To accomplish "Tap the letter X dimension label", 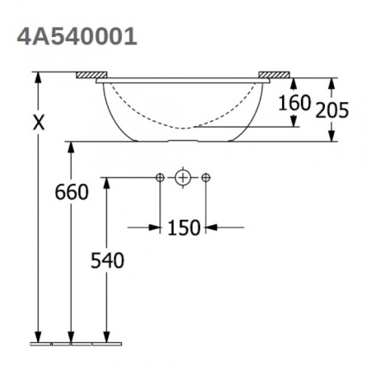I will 38,122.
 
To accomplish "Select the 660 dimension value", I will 71,193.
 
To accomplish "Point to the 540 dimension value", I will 106,261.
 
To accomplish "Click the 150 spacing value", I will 183,228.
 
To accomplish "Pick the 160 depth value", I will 294,103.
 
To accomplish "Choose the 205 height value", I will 334,108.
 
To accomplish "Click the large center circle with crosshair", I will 183,177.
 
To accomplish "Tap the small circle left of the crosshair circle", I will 160,177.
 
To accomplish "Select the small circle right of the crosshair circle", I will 206,177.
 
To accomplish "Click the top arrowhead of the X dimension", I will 38,77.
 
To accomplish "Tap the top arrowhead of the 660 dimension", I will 71,147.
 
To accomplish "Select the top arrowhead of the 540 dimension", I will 106,182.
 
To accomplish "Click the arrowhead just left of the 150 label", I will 155,227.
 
